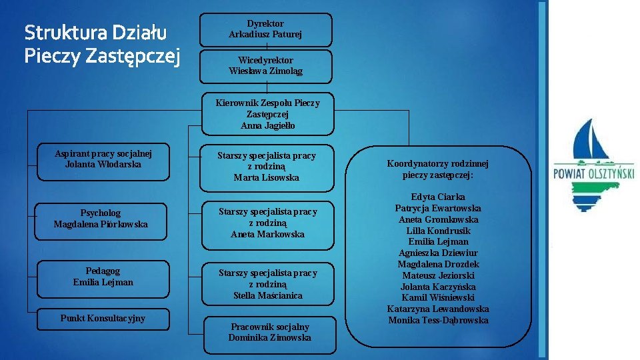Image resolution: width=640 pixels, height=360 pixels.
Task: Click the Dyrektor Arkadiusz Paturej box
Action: [265, 29]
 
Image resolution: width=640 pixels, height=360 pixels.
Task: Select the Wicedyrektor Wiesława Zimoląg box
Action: [265, 66]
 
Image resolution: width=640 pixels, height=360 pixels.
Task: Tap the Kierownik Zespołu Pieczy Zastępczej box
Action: [267, 114]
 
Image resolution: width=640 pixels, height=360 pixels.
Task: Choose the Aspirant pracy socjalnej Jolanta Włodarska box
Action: [103, 161]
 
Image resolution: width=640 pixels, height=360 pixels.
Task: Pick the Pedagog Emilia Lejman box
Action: [103, 277]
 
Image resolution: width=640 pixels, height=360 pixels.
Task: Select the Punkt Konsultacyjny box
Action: [103, 319]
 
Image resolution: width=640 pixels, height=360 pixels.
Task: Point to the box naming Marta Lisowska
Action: [267, 167]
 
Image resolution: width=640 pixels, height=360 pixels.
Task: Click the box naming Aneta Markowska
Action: [267, 223]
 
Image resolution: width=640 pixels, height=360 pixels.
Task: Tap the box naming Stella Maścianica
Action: [267, 284]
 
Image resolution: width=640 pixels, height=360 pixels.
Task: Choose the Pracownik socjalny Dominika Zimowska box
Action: [269, 332]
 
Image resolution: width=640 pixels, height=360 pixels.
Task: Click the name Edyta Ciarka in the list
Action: [438, 197]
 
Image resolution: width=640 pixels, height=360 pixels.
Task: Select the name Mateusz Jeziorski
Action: [438, 275]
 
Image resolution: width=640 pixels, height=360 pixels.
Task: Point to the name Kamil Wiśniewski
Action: [438, 298]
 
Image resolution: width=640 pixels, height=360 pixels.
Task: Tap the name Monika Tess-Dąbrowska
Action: [438, 321]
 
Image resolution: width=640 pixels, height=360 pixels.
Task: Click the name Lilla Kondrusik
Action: [438, 231]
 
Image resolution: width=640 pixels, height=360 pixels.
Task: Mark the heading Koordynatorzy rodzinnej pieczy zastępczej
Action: [438, 169]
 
